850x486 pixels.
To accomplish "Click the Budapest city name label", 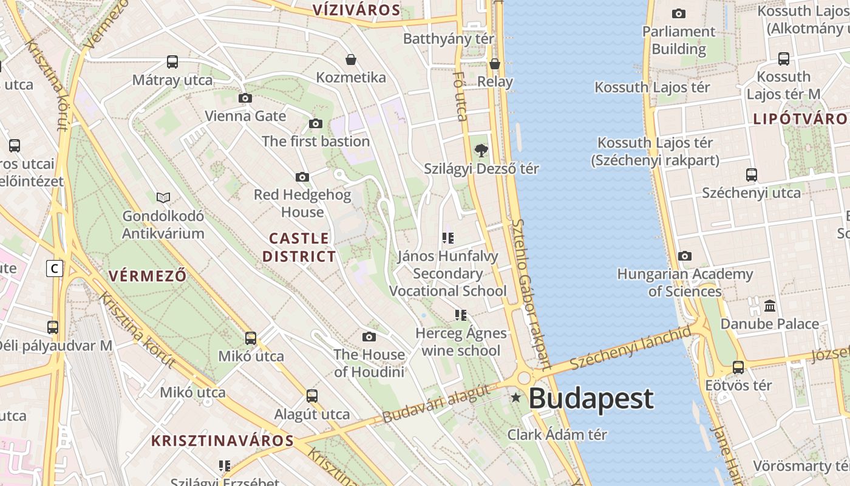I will point(591,399).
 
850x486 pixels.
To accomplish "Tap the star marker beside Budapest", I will point(515,398).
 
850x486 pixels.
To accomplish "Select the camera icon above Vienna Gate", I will point(245,98).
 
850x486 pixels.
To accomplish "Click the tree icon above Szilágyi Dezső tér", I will point(481,150).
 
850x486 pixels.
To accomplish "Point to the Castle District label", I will point(299,247).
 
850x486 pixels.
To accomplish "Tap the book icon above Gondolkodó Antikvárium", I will point(163,197).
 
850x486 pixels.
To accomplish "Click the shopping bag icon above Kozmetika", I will point(351,60).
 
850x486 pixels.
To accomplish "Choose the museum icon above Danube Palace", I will point(770,306).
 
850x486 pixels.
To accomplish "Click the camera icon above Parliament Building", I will point(679,13).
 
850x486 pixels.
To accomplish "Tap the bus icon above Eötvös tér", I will point(738,367).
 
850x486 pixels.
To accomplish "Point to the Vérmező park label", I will point(148,276).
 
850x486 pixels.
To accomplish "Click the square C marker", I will point(55,268).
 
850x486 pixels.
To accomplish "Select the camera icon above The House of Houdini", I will point(369,337).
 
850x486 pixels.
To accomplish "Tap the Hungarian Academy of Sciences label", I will point(685,282).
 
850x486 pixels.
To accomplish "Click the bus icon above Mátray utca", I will point(172,61).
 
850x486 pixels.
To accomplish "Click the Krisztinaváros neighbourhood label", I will point(222,441).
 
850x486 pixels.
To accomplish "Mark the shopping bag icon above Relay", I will point(495,64).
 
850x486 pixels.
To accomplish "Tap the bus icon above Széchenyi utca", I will point(751,175).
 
